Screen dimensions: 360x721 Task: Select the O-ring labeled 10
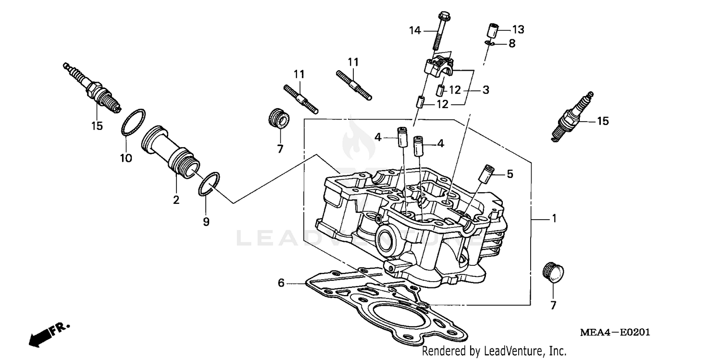133,122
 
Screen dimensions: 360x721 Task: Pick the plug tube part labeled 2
171,154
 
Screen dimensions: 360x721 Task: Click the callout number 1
554,219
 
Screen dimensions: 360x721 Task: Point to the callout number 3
485,90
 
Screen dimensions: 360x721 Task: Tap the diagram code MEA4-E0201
610,333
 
